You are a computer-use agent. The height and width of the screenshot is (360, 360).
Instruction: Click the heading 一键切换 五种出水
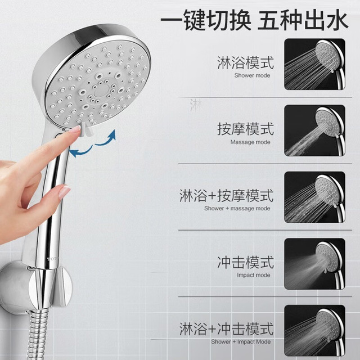[254, 20]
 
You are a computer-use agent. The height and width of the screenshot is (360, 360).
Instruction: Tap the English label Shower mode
[252, 75]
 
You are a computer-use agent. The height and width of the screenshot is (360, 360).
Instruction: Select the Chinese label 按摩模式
[245, 129]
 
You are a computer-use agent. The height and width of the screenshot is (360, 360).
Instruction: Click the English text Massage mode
[250, 142]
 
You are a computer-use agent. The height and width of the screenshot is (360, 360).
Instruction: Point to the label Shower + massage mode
[237, 209]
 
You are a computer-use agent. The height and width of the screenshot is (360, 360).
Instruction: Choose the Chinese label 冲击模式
[245, 262]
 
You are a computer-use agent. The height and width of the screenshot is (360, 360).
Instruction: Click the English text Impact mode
[254, 275]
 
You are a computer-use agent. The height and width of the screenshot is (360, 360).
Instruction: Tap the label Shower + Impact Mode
[241, 341]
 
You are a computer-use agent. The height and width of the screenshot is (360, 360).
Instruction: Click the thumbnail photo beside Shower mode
[315, 64]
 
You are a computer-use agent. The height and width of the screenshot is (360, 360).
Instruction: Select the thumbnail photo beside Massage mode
[315, 130]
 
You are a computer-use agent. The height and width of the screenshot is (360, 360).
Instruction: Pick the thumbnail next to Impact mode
[315, 264]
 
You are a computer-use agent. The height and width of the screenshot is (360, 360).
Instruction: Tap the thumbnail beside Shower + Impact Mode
[315, 331]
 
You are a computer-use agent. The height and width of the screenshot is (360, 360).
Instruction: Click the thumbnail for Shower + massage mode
[315, 197]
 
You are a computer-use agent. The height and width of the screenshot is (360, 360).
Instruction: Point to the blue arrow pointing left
[81, 152]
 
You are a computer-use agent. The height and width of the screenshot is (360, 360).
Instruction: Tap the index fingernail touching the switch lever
[76, 129]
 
